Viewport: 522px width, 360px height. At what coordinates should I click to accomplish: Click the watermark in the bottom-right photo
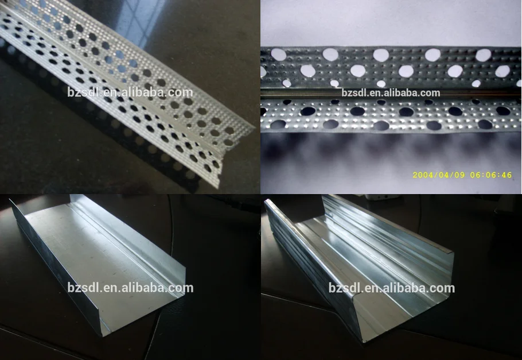click(391, 288)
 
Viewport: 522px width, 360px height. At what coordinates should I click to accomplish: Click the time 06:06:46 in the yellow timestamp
click(492, 175)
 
